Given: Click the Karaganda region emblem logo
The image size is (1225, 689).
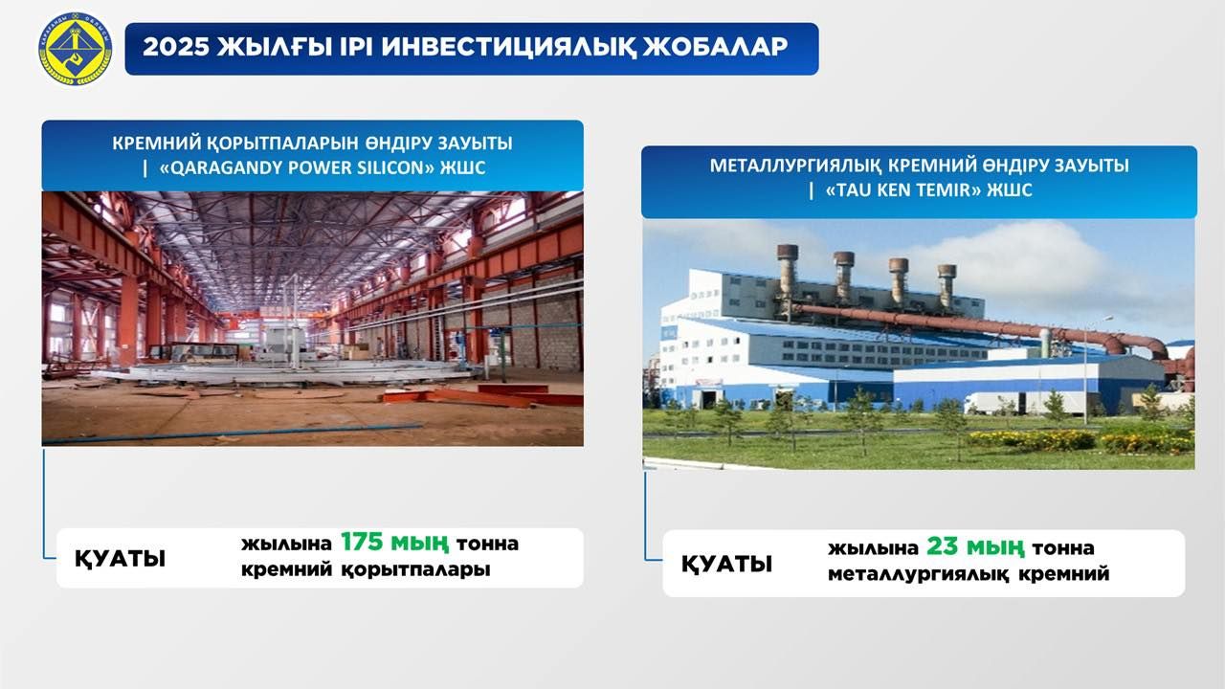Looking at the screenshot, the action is (75, 49).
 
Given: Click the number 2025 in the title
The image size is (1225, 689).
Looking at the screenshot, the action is (176, 47).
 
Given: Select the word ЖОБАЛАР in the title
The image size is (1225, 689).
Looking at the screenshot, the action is (715, 47).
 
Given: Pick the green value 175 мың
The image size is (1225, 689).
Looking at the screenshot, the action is (395, 543).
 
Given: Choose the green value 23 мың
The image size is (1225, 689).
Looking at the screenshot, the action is (975, 546).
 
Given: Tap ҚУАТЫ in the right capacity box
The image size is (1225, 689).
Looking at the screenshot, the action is (726, 564).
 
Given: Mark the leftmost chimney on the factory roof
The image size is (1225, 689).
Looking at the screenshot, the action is (788, 271).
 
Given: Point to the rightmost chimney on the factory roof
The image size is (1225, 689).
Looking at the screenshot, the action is (947, 285).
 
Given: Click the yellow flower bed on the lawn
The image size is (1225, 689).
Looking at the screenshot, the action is (1080, 441).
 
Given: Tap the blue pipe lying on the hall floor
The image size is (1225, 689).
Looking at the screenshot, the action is (233, 433).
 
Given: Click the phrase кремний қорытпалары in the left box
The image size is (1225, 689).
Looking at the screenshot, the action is (366, 569).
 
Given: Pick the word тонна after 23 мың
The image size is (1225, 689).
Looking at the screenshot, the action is (1062, 548).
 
